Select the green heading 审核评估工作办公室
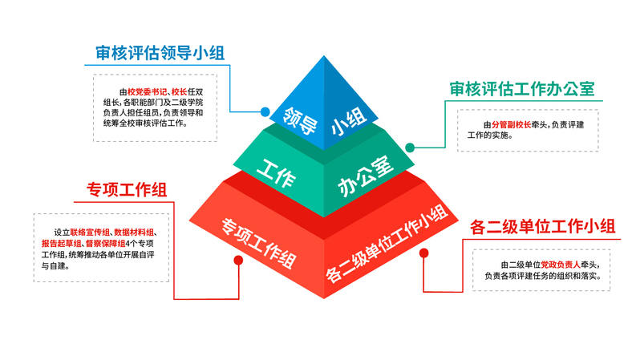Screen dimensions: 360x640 (x=521, y=89)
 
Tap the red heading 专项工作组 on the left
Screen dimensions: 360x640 (x=127, y=190)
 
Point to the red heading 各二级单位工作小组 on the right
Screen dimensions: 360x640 (x=542, y=227)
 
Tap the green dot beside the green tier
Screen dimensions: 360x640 (x=409, y=148)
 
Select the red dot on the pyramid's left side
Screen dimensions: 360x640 (x=237, y=261)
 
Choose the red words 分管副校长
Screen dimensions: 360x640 (x=512, y=125)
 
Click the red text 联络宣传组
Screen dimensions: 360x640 (x=87, y=232)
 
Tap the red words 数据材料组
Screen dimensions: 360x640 (x=135, y=232)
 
